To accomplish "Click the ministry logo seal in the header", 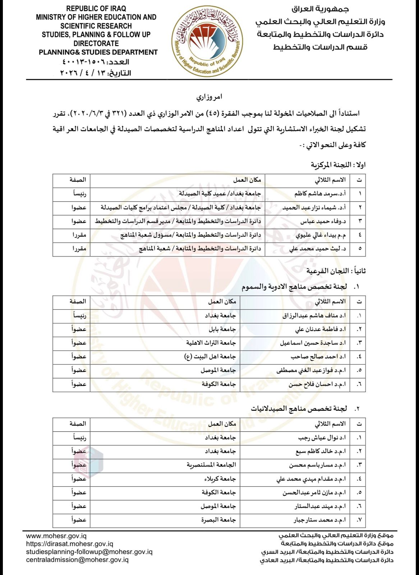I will pyautogui.click(x=207, y=41).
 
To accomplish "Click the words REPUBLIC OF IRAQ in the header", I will pyautogui.click(x=96, y=8).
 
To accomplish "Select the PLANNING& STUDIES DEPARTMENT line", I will pyautogui.click(x=98, y=52).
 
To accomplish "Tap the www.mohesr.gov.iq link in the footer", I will pyautogui.click(x=56, y=536).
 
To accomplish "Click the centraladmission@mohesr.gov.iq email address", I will pyautogui.click(x=77, y=560).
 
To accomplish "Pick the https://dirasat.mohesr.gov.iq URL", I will pyautogui.click(x=70, y=544).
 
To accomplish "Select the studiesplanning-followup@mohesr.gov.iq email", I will pyautogui.click(x=89, y=552).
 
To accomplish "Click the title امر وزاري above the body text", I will pyautogui.click(x=209, y=97).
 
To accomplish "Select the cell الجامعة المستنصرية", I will pyautogui.click(x=211, y=465).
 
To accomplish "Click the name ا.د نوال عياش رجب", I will pyautogui.click(x=322, y=438).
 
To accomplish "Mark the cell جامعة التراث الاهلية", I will pyautogui.click(x=211, y=342).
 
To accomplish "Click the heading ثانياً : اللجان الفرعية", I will pyautogui.click(x=336, y=271).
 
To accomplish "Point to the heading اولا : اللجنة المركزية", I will pyautogui.click(x=338, y=165).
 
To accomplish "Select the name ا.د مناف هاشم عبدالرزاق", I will pyautogui.click(x=314, y=316).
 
